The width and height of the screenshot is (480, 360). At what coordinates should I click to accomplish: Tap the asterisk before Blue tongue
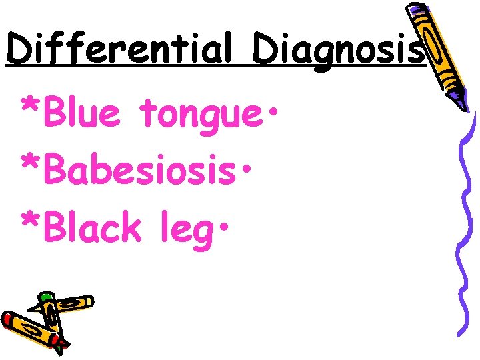31,106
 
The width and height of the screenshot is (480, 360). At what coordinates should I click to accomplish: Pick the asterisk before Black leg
31,222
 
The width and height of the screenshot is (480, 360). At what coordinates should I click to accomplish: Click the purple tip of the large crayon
463,103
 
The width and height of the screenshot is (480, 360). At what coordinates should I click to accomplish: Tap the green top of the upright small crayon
45,297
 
